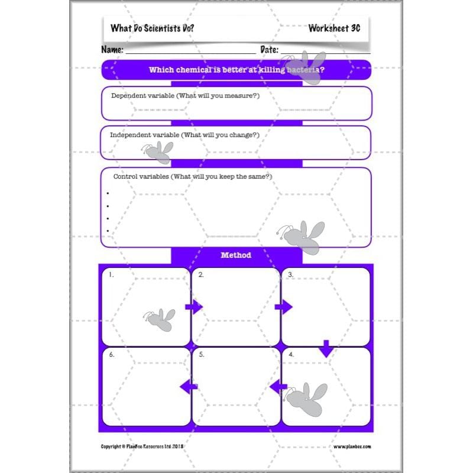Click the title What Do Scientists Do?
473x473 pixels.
[152, 28]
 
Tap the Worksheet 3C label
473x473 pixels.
[334, 28]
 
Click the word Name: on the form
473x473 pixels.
[113, 50]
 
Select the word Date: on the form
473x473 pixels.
[270, 50]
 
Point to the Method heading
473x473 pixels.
[236, 255]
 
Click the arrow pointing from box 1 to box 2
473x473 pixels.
[194, 306]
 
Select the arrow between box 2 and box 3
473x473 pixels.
[284, 306]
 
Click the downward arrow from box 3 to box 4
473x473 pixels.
[326, 349]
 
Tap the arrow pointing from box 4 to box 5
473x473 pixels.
[278, 387]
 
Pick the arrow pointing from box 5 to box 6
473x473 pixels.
[189, 387]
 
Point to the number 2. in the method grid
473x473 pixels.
[201, 275]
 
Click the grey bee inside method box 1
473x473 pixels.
[160, 319]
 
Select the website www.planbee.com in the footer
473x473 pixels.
[352, 447]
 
